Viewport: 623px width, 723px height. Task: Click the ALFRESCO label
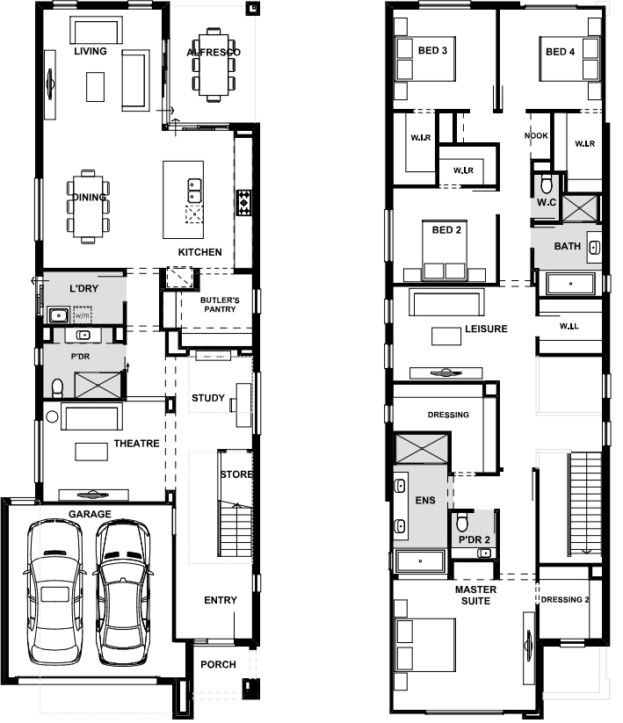[x=214, y=52]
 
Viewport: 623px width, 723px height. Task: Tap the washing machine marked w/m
[x=83, y=315]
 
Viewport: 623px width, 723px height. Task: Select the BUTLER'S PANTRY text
[x=220, y=305]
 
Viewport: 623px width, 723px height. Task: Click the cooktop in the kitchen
[x=244, y=202]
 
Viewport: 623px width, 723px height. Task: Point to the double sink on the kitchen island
[x=194, y=191]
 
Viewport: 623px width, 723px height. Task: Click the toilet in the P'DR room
[x=57, y=387]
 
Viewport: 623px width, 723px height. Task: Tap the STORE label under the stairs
[x=236, y=474]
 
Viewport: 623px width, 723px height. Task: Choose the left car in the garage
[x=54, y=591]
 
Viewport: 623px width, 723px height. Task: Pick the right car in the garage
[x=122, y=592]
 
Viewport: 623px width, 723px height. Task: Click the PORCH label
[x=218, y=664]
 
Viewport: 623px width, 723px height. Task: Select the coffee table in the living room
[x=96, y=87]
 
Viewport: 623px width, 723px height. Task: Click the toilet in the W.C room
[x=547, y=184]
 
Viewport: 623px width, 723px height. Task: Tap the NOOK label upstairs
[x=536, y=135]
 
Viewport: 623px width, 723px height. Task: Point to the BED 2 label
[x=446, y=229]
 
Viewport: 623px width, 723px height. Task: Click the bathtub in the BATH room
[x=570, y=284]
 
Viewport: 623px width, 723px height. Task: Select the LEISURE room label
[x=486, y=329]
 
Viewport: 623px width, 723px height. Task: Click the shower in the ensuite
[x=422, y=448]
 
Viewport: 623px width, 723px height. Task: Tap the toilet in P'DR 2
[x=462, y=522]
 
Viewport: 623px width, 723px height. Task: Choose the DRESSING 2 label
[x=565, y=599]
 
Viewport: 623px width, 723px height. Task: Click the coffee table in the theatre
[x=91, y=452]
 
